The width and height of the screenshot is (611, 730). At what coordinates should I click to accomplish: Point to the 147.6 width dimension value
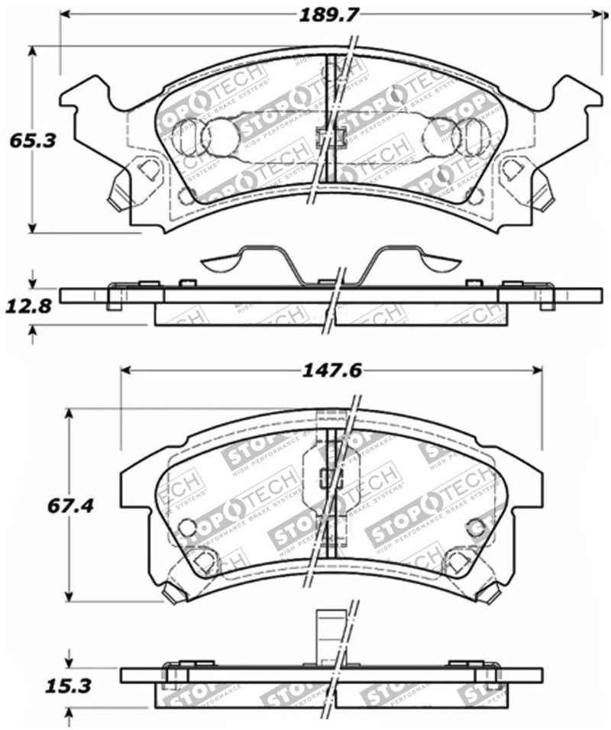(x=330, y=370)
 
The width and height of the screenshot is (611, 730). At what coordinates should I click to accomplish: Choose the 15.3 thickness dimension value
(x=70, y=686)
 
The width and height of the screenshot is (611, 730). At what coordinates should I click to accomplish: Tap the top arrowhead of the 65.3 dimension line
(x=32, y=51)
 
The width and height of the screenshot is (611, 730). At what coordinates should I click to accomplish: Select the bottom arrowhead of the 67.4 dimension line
(x=70, y=597)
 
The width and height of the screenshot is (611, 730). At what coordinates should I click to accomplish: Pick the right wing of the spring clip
(x=432, y=263)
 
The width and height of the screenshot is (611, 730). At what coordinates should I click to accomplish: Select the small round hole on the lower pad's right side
(x=475, y=527)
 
